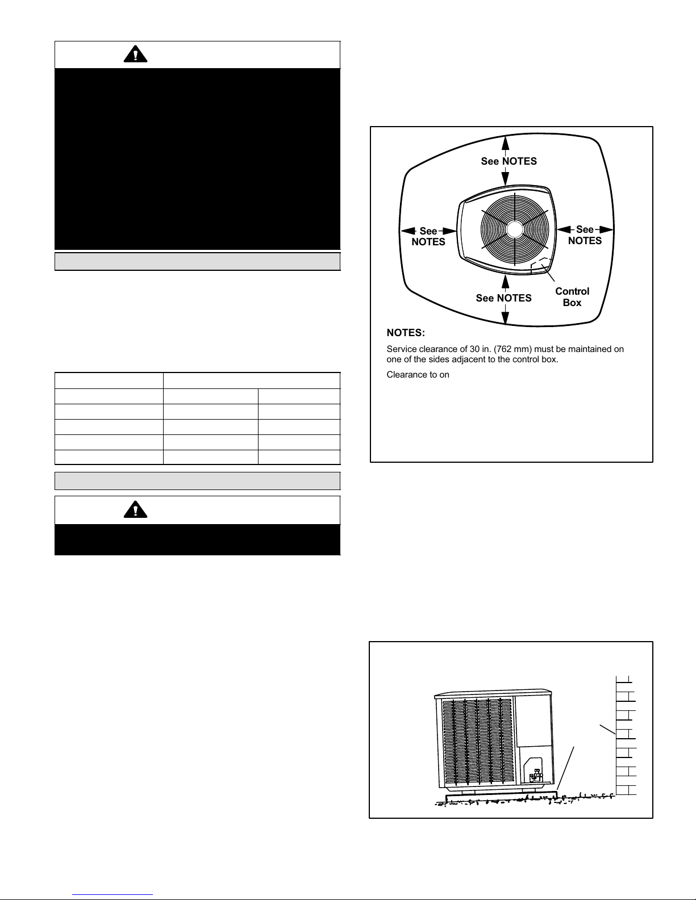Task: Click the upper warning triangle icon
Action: click(x=135, y=55)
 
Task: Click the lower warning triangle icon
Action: click(x=135, y=509)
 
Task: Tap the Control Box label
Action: click(x=572, y=297)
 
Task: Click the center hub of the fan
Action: click(x=515, y=229)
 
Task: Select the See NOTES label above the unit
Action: click(x=509, y=161)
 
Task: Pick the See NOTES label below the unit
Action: click(x=504, y=298)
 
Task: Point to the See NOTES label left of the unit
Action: click(x=428, y=236)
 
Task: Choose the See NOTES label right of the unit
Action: click(x=585, y=235)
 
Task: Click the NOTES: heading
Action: click(x=406, y=333)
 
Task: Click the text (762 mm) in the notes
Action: click(x=512, y=349)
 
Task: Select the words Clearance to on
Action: click(x=418, y=374)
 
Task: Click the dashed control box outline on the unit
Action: click(x=541, y=266)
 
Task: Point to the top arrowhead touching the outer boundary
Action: click(x=506, y=143)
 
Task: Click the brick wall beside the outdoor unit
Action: click(x=626, y=735)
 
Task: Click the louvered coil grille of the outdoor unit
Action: click(x=477, y=742)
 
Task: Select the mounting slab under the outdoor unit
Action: click(x=501, y=797)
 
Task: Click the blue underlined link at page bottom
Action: click(x=112, y=895)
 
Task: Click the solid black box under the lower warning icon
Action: click(x=198, y=539)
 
